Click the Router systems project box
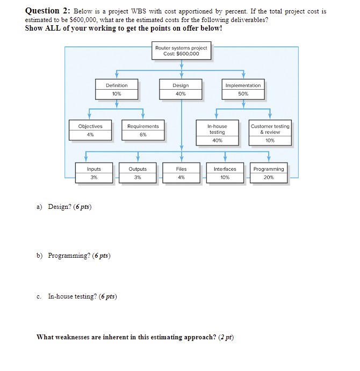point(181,51)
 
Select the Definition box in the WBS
point(117,89)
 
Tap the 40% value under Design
point(181,94)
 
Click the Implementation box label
point(243,85)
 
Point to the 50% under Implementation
point(243,94)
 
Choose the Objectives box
point(90,130)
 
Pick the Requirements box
point(143,130)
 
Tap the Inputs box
point(94,173)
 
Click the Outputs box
point(138,173)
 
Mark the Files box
point(182,173)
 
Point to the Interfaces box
point(225,173)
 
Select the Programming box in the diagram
point(269,173)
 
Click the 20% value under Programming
point(269,177)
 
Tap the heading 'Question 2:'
point(48,11)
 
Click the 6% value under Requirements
point(143,135)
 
